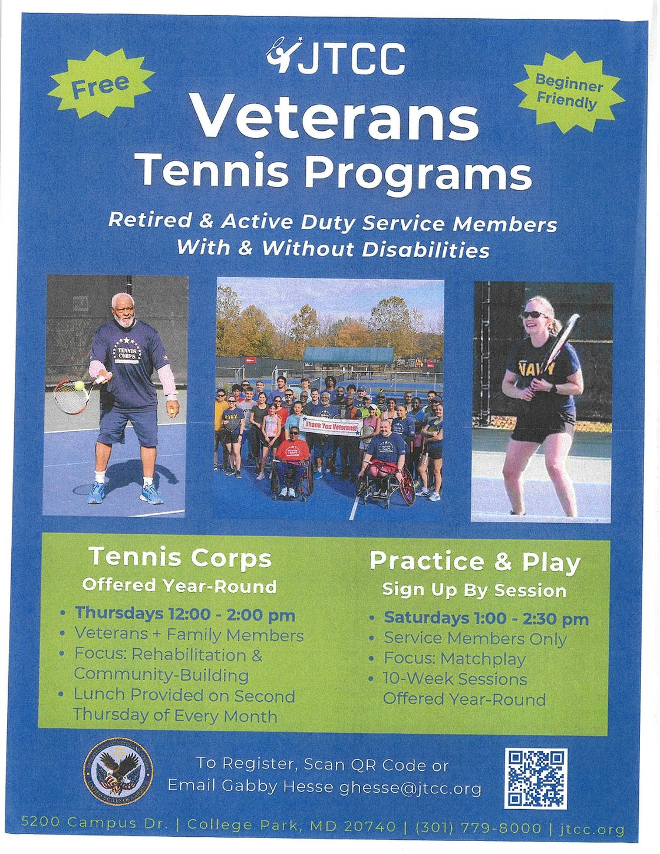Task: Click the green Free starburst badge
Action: [101, 84]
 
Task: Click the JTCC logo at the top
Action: [336, 57]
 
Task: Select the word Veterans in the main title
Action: [335, 119]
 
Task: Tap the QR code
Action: [536, 778]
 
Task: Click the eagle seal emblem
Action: [118, 773]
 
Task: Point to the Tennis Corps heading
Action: [180, 557]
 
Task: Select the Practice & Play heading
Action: [475, 561]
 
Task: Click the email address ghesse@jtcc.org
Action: [410, 788]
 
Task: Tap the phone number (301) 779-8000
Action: [478, 828]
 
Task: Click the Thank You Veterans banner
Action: [332, 425]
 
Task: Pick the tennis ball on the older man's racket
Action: [79, 386]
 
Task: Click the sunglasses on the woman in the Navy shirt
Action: [534, 315]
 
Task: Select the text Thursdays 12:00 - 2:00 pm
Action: [184, 614]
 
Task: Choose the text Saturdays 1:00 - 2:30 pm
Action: [486, 618]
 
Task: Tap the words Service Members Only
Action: [475, 639]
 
